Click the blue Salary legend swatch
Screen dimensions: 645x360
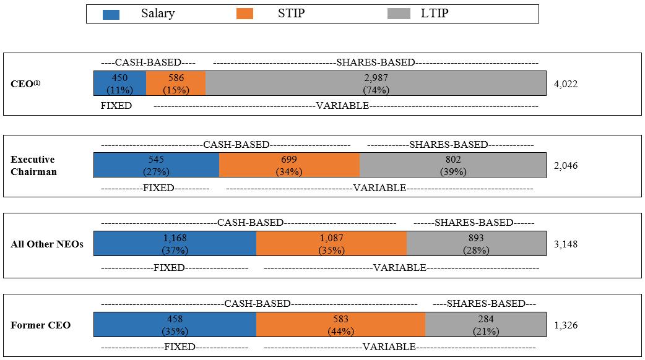tap(111, 14)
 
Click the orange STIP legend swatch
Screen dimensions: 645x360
tap(245, 14)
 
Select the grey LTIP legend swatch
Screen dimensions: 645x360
tap(399, 14)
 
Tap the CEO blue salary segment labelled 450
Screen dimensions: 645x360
tap(120, 84)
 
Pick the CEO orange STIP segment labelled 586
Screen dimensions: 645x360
tap(176, 84)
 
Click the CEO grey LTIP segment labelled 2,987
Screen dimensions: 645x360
tap(376, 84)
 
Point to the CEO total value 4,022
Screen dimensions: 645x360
tap(566, 84)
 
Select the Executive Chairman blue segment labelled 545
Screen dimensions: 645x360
tap(157, 165)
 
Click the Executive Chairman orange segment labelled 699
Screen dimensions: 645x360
tap(289, 165)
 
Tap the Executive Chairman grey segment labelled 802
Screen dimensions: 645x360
tap(453, 165)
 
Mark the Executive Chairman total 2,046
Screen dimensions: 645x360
tap(566, 166)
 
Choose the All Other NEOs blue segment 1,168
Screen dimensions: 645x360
tap(175, 244)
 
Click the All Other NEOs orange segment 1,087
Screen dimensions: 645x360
tap(332, 244)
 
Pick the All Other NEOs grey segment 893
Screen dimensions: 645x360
tap(477, 244)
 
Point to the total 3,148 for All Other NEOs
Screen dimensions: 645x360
tap(566, 244)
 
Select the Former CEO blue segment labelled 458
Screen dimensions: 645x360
tap(175, 325)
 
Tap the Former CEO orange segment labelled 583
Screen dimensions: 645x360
tap(340, 325)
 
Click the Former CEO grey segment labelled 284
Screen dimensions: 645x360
tap(486, 325)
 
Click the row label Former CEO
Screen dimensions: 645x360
tap(41, 325)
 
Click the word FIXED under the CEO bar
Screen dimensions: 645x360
tap(116, 106)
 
